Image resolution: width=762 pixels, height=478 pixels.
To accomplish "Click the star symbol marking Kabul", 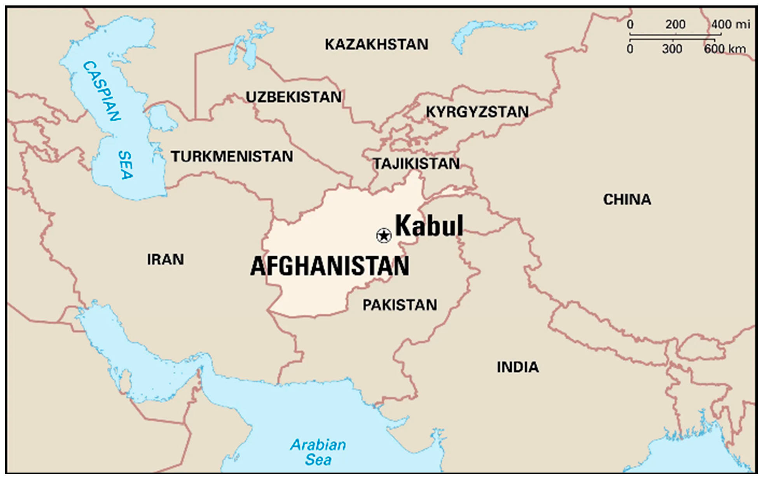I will [384, 236].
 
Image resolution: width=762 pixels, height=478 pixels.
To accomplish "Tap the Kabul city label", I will [429, 226].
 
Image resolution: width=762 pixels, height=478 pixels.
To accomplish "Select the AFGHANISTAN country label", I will [330, 266].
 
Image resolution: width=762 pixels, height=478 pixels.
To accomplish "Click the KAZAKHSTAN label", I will [376, 44].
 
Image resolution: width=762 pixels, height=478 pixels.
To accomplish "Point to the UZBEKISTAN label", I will [294, 97].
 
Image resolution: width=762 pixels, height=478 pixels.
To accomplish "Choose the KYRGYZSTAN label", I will [477, 112].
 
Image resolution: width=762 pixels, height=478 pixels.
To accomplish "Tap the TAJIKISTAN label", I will [416, 164].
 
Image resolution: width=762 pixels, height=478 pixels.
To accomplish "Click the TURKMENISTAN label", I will [232, 156].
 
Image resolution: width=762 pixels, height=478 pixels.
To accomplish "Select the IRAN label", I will [165, 259].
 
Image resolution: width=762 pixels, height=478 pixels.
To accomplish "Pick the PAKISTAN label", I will [400, 305].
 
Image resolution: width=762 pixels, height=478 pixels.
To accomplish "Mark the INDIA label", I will [517, 367].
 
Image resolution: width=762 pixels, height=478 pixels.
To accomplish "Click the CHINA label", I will [627, 200].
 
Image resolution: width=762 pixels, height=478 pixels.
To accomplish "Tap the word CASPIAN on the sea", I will [102, 91].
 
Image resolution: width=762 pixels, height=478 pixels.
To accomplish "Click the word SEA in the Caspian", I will [126, 165].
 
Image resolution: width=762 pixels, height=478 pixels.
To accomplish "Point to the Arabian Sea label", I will [318, 452].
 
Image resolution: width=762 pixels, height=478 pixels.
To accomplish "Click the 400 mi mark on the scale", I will [730, 25].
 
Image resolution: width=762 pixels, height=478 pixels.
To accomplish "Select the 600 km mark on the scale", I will [724, 49].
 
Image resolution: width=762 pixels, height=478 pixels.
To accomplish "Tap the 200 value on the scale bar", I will [675, 25].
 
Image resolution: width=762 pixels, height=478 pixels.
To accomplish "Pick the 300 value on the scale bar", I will [672, 49].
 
